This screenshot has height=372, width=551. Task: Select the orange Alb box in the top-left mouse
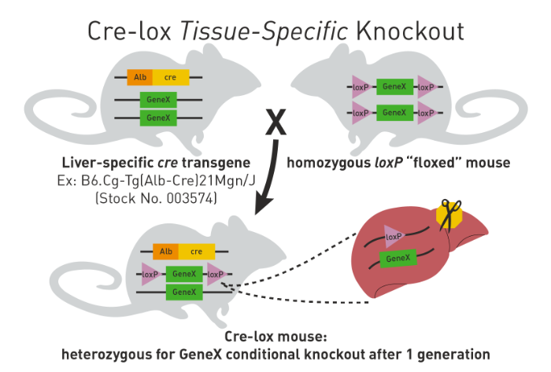point(139,77)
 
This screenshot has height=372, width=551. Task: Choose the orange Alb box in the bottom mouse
point(165,252)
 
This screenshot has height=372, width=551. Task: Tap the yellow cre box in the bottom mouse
point(197,252)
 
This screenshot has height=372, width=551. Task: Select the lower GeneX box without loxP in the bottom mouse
point(184,293)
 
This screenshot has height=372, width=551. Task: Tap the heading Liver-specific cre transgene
point(156,164)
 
